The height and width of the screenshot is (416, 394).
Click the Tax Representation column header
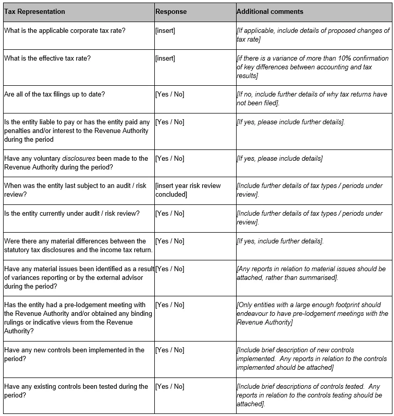pyautogui.click(x=34, y=11)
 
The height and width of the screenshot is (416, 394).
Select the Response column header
pyautogui.click(x=171, y=11)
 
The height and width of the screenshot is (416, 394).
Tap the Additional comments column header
pyautogui.click(x=270, y=11)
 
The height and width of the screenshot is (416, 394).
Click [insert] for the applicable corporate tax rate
pyautogui.click(x=165, y=31)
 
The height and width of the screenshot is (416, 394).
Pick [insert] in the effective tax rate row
pyautogui.click(x=165, y=59)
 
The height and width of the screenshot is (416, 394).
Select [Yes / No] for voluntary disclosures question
pyautogui.click(x=169, y=158)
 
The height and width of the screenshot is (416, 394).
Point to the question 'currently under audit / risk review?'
pyautogui.click(x=71, y=214)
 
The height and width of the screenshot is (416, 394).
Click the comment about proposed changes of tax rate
pyautogui.click(x=313, y=35)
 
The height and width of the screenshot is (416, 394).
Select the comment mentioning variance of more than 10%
pyautogui.click(x=311, y=67)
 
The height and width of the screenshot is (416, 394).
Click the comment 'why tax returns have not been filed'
pyautogui.click(x=312, y=99)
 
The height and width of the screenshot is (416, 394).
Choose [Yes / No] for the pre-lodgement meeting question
pyautogui.click(x=169, y=305)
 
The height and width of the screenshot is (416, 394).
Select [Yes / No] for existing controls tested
pyautogui.click(x=169, y=387)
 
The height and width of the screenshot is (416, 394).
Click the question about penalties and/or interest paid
pyautogui.click(x=77, y=130)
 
